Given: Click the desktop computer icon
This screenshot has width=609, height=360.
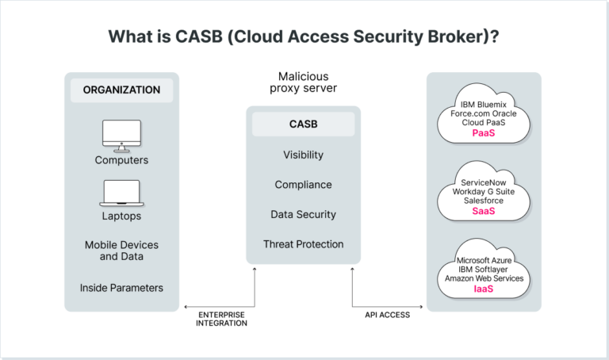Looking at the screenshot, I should point(121,136).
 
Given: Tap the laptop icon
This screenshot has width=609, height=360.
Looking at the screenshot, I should point(121,193).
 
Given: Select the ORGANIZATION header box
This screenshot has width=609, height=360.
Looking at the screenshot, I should point(121,90).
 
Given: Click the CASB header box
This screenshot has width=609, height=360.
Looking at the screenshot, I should point(303,124).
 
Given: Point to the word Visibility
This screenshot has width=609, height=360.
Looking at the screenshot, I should point(303,155).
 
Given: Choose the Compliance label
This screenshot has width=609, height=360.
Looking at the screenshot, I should point(303,185).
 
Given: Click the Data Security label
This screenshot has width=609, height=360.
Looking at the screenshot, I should point(303,214).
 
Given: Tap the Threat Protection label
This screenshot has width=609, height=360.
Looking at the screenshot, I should point(303,244).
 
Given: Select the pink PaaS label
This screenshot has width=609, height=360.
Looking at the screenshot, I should point(484,133).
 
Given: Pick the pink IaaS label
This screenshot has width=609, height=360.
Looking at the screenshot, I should point(484,289).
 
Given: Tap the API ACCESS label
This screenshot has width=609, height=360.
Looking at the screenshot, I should point(387,315).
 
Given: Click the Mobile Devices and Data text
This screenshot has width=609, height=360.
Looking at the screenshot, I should point(121,251).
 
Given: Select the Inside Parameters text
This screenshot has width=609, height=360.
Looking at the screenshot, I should point(121,287).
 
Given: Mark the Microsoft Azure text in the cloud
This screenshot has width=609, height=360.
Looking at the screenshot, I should point(484,260).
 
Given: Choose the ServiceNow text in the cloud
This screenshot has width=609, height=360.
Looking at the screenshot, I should point(484,182).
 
